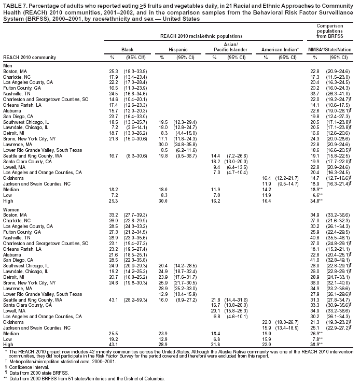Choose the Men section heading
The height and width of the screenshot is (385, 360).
coord(7,65)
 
